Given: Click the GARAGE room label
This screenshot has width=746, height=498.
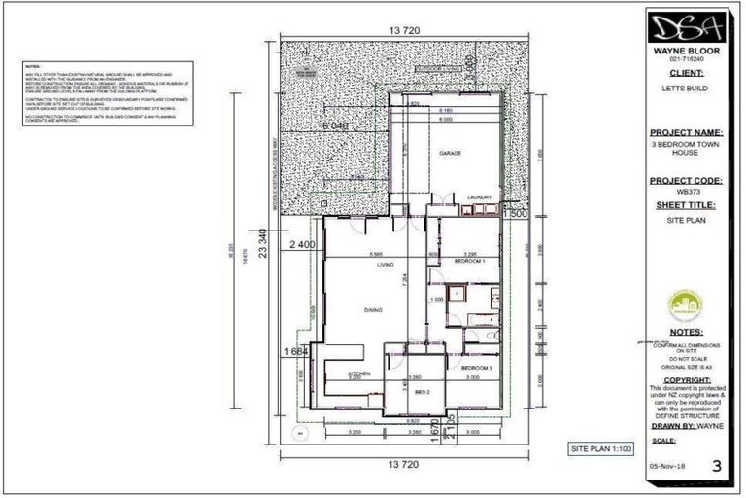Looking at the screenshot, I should click(448, 154).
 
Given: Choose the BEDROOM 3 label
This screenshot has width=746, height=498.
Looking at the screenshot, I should click(477, 369).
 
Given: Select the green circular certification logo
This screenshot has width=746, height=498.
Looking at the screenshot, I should click(688, 307).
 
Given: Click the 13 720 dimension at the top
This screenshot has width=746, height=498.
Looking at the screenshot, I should click(404, 31).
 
